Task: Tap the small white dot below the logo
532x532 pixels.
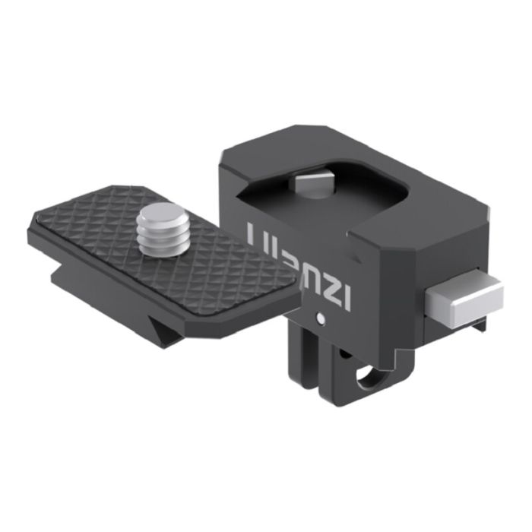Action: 322,317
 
